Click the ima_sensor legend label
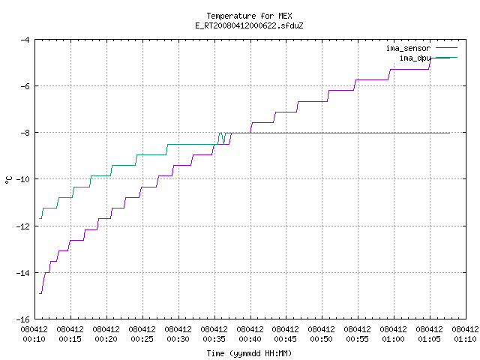tap(408, 48)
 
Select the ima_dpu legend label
tap(415, 58)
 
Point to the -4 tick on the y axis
tap(25, 40)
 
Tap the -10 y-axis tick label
tap(22, 179)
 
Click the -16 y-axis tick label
tap(22, 319)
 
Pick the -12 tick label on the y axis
tap(22, 226)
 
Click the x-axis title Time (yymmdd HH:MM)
tap(249, 353)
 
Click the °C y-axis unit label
tap(8, 180)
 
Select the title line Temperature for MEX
tap(249, 16)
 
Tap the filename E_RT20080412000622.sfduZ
tap(249, 25)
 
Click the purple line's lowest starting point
tap(40, 293)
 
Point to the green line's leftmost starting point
tap(40, 218)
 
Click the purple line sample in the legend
tap(446, 48)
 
